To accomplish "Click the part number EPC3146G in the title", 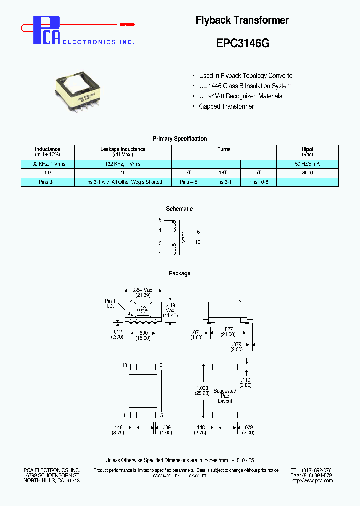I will point(243,43).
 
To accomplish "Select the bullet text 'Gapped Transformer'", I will point(226,106).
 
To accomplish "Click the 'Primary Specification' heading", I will point(180,139).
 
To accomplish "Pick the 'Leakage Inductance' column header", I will point(123,149).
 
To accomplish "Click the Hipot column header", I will point(307,152).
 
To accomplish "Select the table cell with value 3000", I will point(307,172).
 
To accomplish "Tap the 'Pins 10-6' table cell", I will point(258,182).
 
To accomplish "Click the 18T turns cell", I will point(223,172).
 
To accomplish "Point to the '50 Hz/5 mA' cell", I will point(307,164).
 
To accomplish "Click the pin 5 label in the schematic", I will point(160,220).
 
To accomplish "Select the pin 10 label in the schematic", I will point(198,242).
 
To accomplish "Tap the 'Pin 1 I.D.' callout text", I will point(110,303).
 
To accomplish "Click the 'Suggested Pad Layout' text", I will point(225,396).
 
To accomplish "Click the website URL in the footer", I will point(312,481).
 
